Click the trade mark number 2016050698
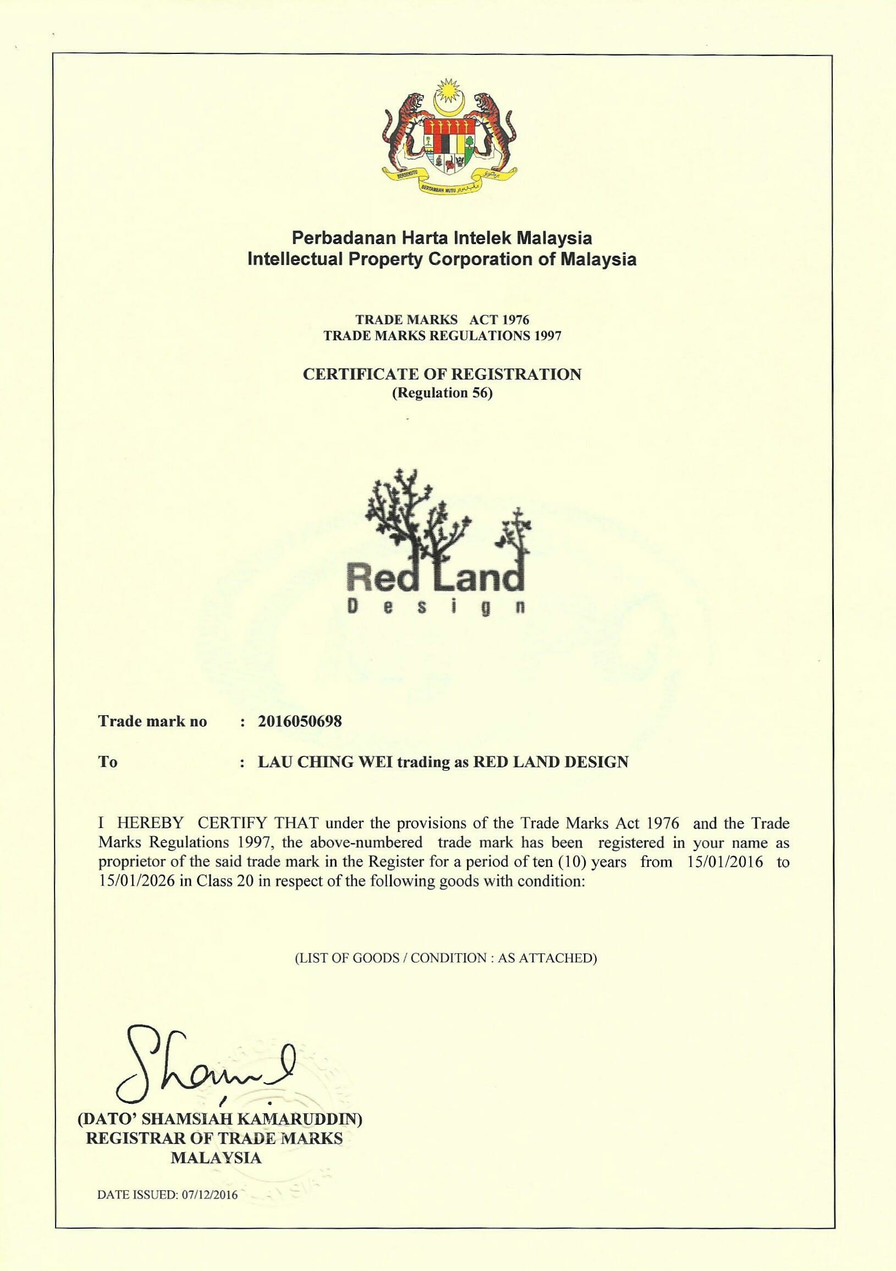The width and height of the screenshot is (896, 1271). (300, 721)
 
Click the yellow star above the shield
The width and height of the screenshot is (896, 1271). (447, 89)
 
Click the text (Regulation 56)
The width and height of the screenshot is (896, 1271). (442, 394)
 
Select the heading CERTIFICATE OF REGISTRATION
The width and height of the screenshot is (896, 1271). (442, 374)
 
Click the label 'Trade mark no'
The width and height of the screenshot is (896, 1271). (152, 721)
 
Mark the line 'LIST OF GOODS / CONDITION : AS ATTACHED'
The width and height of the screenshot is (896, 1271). (445, 958)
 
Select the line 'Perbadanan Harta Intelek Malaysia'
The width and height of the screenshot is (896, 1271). (442, 239)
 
